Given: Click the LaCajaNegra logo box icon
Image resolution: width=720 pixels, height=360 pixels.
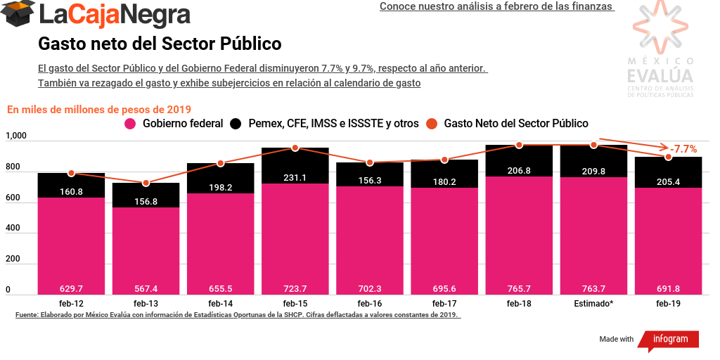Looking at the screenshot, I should pyautogui.click(x=18, y=14).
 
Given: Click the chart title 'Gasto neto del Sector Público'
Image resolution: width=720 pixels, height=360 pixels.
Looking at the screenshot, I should pyautogui.click(x=160, y=44).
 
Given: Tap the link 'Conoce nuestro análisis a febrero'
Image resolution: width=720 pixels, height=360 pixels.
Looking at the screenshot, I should pyautogui.click(x=496, y=6).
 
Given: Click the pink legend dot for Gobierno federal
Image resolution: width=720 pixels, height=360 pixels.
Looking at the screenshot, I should pyautogui.click(x=130, y=124).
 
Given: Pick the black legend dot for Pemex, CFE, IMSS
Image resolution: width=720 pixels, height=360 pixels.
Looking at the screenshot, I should pyautogui.click(x=236, y=124).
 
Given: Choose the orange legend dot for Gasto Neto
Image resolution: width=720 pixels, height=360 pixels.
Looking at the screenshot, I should pyautogui.click(x=432, y=124).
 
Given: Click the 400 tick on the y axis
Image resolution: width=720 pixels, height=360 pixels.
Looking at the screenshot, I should pyautogui.click(x=12, y=229).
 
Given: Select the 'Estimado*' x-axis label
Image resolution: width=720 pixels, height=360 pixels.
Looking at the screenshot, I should pyautogui.click(x=593, y=303).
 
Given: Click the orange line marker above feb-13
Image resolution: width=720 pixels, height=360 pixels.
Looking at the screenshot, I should pyautogui.click(x=146, y=183).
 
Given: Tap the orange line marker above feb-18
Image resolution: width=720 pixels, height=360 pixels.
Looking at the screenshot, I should pyautogui.click(x=519, y=145).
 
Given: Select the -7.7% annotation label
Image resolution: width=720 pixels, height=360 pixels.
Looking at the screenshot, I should pyautogui.click(x=683, y=149).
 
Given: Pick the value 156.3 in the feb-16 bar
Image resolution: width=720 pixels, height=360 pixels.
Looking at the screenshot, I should pyautogui.click(x=370, y=180).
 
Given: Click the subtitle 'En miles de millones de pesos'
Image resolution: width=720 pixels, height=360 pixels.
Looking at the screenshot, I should pyautogui.click(x=99, y=109).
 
